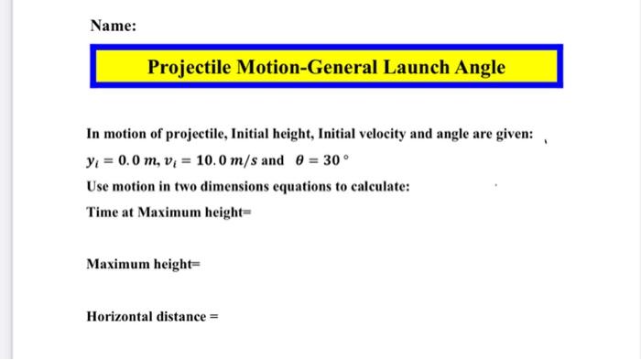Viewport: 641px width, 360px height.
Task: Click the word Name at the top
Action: (x=112, y=27)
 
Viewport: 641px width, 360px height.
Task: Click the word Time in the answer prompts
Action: (x=102, y=212)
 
